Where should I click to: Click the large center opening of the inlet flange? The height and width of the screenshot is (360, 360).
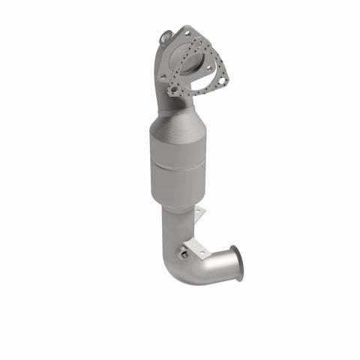coord(196,64)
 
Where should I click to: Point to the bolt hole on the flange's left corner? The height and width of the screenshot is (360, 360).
coord(162,76)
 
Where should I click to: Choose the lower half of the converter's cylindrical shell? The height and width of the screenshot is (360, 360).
coord(180,184)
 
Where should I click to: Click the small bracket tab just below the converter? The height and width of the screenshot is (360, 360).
coord(198,215)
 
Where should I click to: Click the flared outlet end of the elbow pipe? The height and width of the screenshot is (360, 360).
coord(236,264)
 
